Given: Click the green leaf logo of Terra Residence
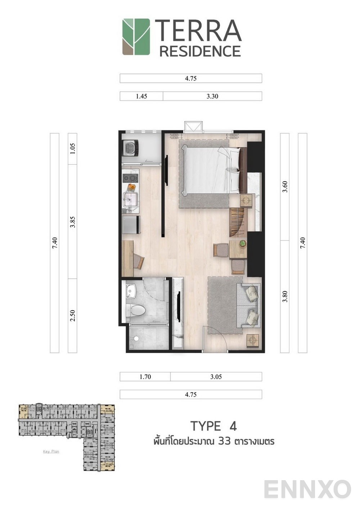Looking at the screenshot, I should coord(136,37).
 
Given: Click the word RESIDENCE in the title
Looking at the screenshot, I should coord(200,51).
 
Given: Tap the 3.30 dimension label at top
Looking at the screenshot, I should coord(212,96).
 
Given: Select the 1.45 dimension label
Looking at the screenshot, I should coord(141,96).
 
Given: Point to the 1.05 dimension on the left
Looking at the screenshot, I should coord(72,149).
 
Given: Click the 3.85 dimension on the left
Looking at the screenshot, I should coord(72,221).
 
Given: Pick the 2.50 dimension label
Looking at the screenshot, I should coord(72,316).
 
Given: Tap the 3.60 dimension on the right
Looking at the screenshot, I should coord(285,186).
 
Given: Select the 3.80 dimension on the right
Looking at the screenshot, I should coord(285,296).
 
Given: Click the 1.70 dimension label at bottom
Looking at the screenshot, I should coord(145,377).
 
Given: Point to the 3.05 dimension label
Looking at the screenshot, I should coord(216,377).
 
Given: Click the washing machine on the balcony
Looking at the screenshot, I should coord(131,148).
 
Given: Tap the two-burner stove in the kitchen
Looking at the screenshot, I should coord(130,178).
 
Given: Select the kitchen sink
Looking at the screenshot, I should coord(129,199).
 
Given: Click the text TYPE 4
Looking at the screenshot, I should coord(213,426).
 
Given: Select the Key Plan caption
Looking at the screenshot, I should coord(51,451).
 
